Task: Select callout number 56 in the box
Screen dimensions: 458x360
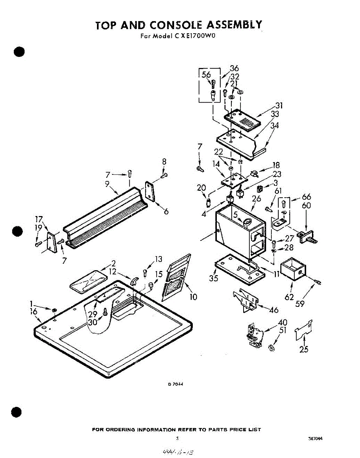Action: pyautogui.click(x=206, y=75)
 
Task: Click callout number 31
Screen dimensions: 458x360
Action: pyautogui.click(x=279, y=106)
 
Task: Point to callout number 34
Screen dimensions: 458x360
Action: pyautogui.click(x=274, y=125)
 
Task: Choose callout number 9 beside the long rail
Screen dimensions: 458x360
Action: pyautogui.click(x=107, y=183)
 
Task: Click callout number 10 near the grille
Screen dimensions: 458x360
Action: pyautogui.click(x=193, y=297)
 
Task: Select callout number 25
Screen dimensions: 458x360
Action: pyautogui.click(x=304, y=349)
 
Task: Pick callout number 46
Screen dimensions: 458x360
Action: pyautogui.click(x=274, y=310)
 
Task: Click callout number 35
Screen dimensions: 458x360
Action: pyautogui.click(x=214, y=278)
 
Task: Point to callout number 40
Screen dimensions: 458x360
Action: pyautogui.click(x=283, y=323)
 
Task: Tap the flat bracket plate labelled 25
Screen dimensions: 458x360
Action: pyautogui.click(x=303, y=331)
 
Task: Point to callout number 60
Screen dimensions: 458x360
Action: pyautogui.click(x=306, y=206)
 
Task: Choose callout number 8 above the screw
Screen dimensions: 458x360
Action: pyautogui.click(x=164, y=162)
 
